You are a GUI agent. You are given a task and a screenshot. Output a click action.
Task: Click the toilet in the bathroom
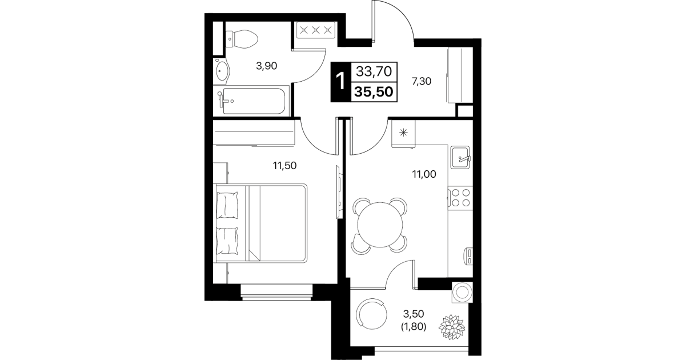pyautogui.click(x=242, y=39)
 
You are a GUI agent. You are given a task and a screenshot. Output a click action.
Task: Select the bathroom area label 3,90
pyautogui.click(x=266, y=66)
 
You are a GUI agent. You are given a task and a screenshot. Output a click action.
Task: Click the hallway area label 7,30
pyautogui.click(x=422, y=81)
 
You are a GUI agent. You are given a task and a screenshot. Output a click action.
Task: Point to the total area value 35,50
pyautogui.click(x=374, y=91)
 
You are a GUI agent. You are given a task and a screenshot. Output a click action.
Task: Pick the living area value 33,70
pyautogui.click(x=374, y=71)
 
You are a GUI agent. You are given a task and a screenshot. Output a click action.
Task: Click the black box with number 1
pyautogui.click(x=340, y=82)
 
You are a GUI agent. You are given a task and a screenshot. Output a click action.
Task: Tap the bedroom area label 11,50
pyautogui.click(x=285, y=166)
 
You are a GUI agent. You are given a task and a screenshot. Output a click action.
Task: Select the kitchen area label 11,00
pyautogui.click(x=424, y=174)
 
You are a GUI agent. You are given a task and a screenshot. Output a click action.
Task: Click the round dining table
pyautogui.click(x=380, y=225)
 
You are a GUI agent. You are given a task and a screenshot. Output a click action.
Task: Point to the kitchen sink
pyautogui.click(x=460, y=157)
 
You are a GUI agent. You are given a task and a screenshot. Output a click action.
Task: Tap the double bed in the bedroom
pyautogui.click(x=260, y=223)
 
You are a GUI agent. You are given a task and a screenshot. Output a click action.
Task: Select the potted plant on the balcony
pyautogui.click(x=452, y=327)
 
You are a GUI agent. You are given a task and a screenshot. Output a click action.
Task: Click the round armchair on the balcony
pyautogui.click(x=371, y=314)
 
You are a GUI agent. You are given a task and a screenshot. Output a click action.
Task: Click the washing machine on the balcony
pyautogui.click(x=462, y=293)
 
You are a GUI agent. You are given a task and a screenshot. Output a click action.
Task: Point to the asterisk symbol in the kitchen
pyautogui.click(x=404, y=133)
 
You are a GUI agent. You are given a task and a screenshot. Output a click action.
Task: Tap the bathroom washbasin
pyautogui.click(x=222, y=71)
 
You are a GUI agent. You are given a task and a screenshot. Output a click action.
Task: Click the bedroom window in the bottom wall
pyautogui.click(x=276, y=292)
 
